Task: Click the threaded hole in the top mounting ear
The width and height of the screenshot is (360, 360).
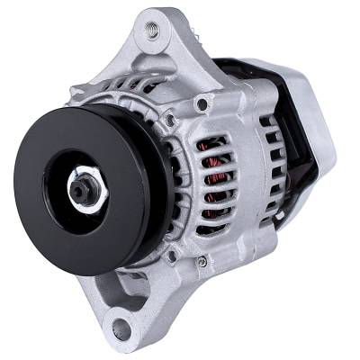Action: [x=150, y=31]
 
